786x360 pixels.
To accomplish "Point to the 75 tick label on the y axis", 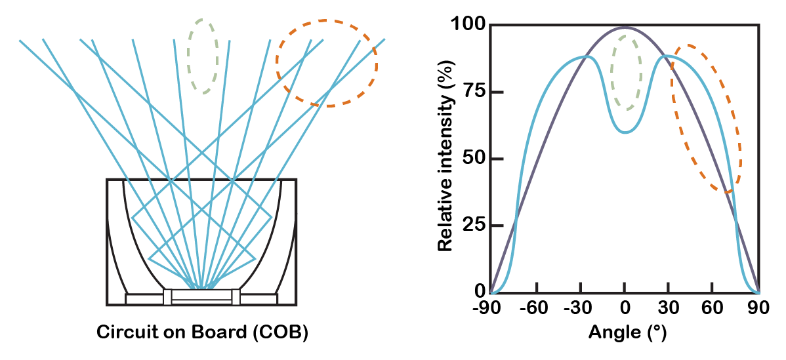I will (x=472, y=92).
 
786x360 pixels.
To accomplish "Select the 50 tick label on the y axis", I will (x=472, y=159).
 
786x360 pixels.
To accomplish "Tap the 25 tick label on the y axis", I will (x=472, y=225).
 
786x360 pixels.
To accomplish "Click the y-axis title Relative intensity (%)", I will (x=445, y=159).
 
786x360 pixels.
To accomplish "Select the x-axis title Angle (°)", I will (x=627, y=332).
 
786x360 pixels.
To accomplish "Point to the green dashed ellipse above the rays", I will (x=203, y=56).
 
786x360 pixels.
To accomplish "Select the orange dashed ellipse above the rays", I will (x=327, y=63).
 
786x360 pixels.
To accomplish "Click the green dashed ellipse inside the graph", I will (x=627, y=73).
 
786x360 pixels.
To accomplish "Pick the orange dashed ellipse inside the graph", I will (x=706, y=119).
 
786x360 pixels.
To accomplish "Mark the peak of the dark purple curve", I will (x=625, y=28).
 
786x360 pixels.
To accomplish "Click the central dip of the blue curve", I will (x=626, y=132).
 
